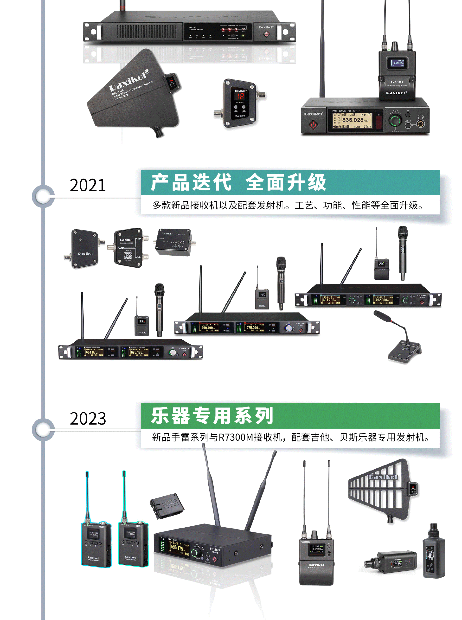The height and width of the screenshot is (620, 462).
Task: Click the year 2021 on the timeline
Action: coord(88,185)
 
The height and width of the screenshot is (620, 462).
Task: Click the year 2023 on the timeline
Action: coord(88,418)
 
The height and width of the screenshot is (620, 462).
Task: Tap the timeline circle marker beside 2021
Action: coord(43,196)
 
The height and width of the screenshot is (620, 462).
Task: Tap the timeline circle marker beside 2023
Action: coord(43,430)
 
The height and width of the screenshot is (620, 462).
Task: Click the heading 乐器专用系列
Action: coord(212,416)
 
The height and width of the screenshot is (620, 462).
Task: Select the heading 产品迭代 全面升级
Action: coord(238,182)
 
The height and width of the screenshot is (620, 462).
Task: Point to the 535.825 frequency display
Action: coord(353,120)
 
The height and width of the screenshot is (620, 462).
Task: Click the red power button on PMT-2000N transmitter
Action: coord(313,125)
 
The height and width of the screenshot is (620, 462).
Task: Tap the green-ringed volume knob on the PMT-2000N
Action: coord(395,121)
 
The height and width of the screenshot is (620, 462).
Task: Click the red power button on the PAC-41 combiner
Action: coord(267,34)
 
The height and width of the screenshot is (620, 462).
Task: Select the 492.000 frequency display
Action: coord(381,300)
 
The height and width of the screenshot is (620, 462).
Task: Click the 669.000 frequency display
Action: coord(207,328)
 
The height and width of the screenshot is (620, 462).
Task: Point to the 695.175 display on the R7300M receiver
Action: coord(177,547)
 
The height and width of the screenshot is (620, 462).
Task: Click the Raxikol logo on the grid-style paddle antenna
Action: coord(383,477)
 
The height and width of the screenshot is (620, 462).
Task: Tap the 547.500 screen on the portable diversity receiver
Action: coord(317,549)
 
